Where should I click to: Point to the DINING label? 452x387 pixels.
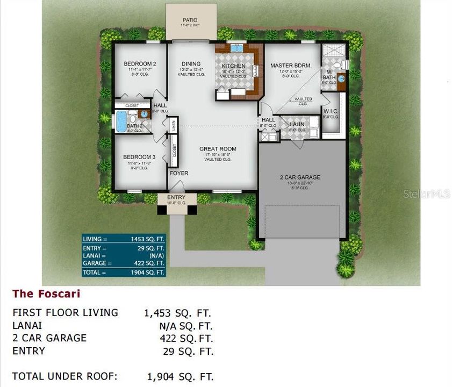[191, 63]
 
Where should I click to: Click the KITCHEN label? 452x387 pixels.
[233, 66]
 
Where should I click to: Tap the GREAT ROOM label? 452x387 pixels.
[218, 149]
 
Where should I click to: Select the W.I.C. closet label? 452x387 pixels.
[331, 111]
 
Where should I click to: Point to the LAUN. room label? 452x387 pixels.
[297, 124]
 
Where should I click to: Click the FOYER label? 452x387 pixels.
[179, 174]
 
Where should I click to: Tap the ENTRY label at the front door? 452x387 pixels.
[176, 197]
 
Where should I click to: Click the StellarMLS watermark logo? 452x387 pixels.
[426, 193]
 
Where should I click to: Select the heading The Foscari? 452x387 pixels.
[46, 293]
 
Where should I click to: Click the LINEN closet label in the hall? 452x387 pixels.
[174, 126]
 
